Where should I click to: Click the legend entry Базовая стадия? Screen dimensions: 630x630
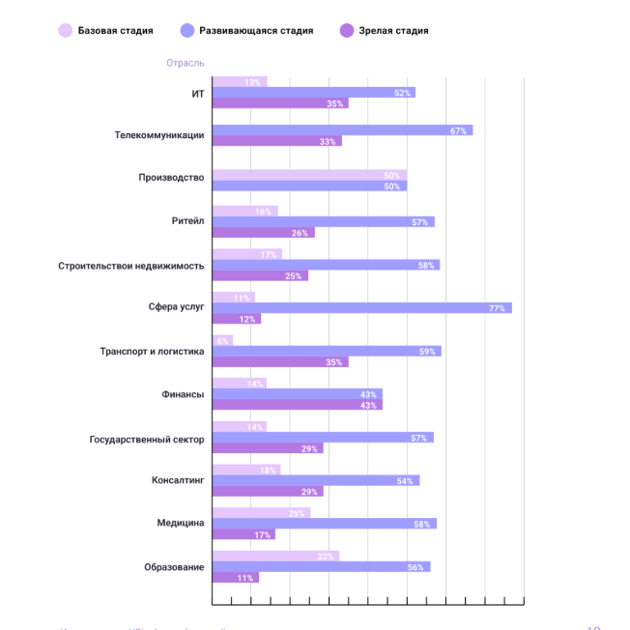(106, 31)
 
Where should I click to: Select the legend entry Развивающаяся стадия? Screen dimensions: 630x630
(247, 31)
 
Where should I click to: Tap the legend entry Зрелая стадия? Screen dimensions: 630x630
(384, 31)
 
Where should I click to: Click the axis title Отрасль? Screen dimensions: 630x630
(185, 63)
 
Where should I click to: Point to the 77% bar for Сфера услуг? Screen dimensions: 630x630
(361, 308)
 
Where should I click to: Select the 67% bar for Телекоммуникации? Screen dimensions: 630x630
(342, 130)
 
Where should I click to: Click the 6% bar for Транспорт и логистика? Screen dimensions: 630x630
(222, 341)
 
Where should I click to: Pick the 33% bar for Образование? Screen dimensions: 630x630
(275, 557)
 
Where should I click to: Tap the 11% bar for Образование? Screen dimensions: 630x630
(235, 578)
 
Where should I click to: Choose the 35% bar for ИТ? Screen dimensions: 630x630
(280, 103)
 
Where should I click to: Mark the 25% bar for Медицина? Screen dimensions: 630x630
(261, 513)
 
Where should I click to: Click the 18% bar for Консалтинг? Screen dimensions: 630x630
(246, 470)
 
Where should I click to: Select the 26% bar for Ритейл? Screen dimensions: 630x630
(263, 233)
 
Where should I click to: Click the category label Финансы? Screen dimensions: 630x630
(183, 394)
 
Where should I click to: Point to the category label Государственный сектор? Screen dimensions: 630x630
(147, 438)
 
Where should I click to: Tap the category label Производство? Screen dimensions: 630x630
(171, 178)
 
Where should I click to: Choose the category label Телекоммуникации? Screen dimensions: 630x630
(159, 135)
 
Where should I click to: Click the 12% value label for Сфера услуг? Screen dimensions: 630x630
(247, 319)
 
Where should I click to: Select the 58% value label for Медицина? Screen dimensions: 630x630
(421, 524)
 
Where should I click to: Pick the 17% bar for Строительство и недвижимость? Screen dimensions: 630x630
(246, 254)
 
